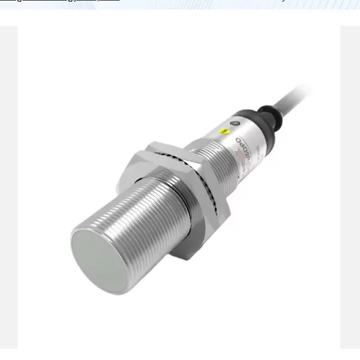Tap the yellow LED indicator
pos(224,130)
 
